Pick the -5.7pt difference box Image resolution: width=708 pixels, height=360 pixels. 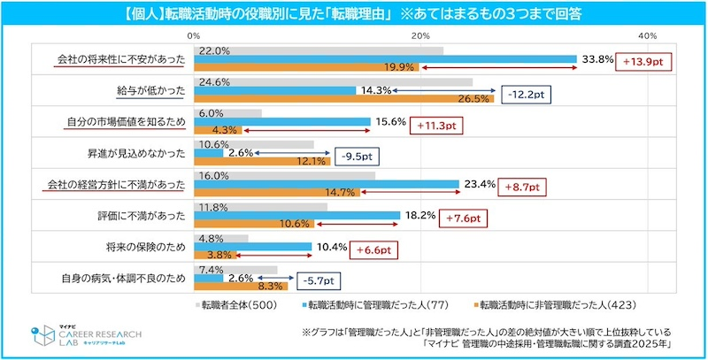pyautogui.click(x=315, y=281)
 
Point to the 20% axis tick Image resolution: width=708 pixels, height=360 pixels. pyautogui.click(x=420, y=34)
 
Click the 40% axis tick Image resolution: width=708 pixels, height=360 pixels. pyautogui.click(x=647, y=34)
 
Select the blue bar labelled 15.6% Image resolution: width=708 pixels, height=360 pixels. pyautogui.click(x=282, y=121)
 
